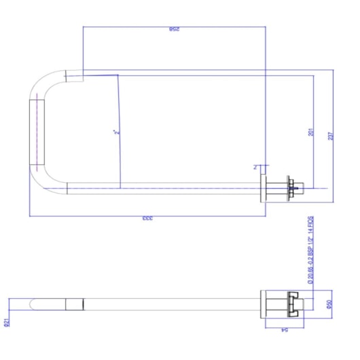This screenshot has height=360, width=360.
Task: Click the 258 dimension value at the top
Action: click(175, 31)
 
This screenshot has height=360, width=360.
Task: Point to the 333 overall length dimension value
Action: click(147, 219)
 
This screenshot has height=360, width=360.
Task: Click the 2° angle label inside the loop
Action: click(116, 132)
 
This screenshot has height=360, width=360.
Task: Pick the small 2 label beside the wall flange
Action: click(255, 167)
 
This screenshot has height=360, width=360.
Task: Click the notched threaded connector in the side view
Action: click(292, 304)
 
